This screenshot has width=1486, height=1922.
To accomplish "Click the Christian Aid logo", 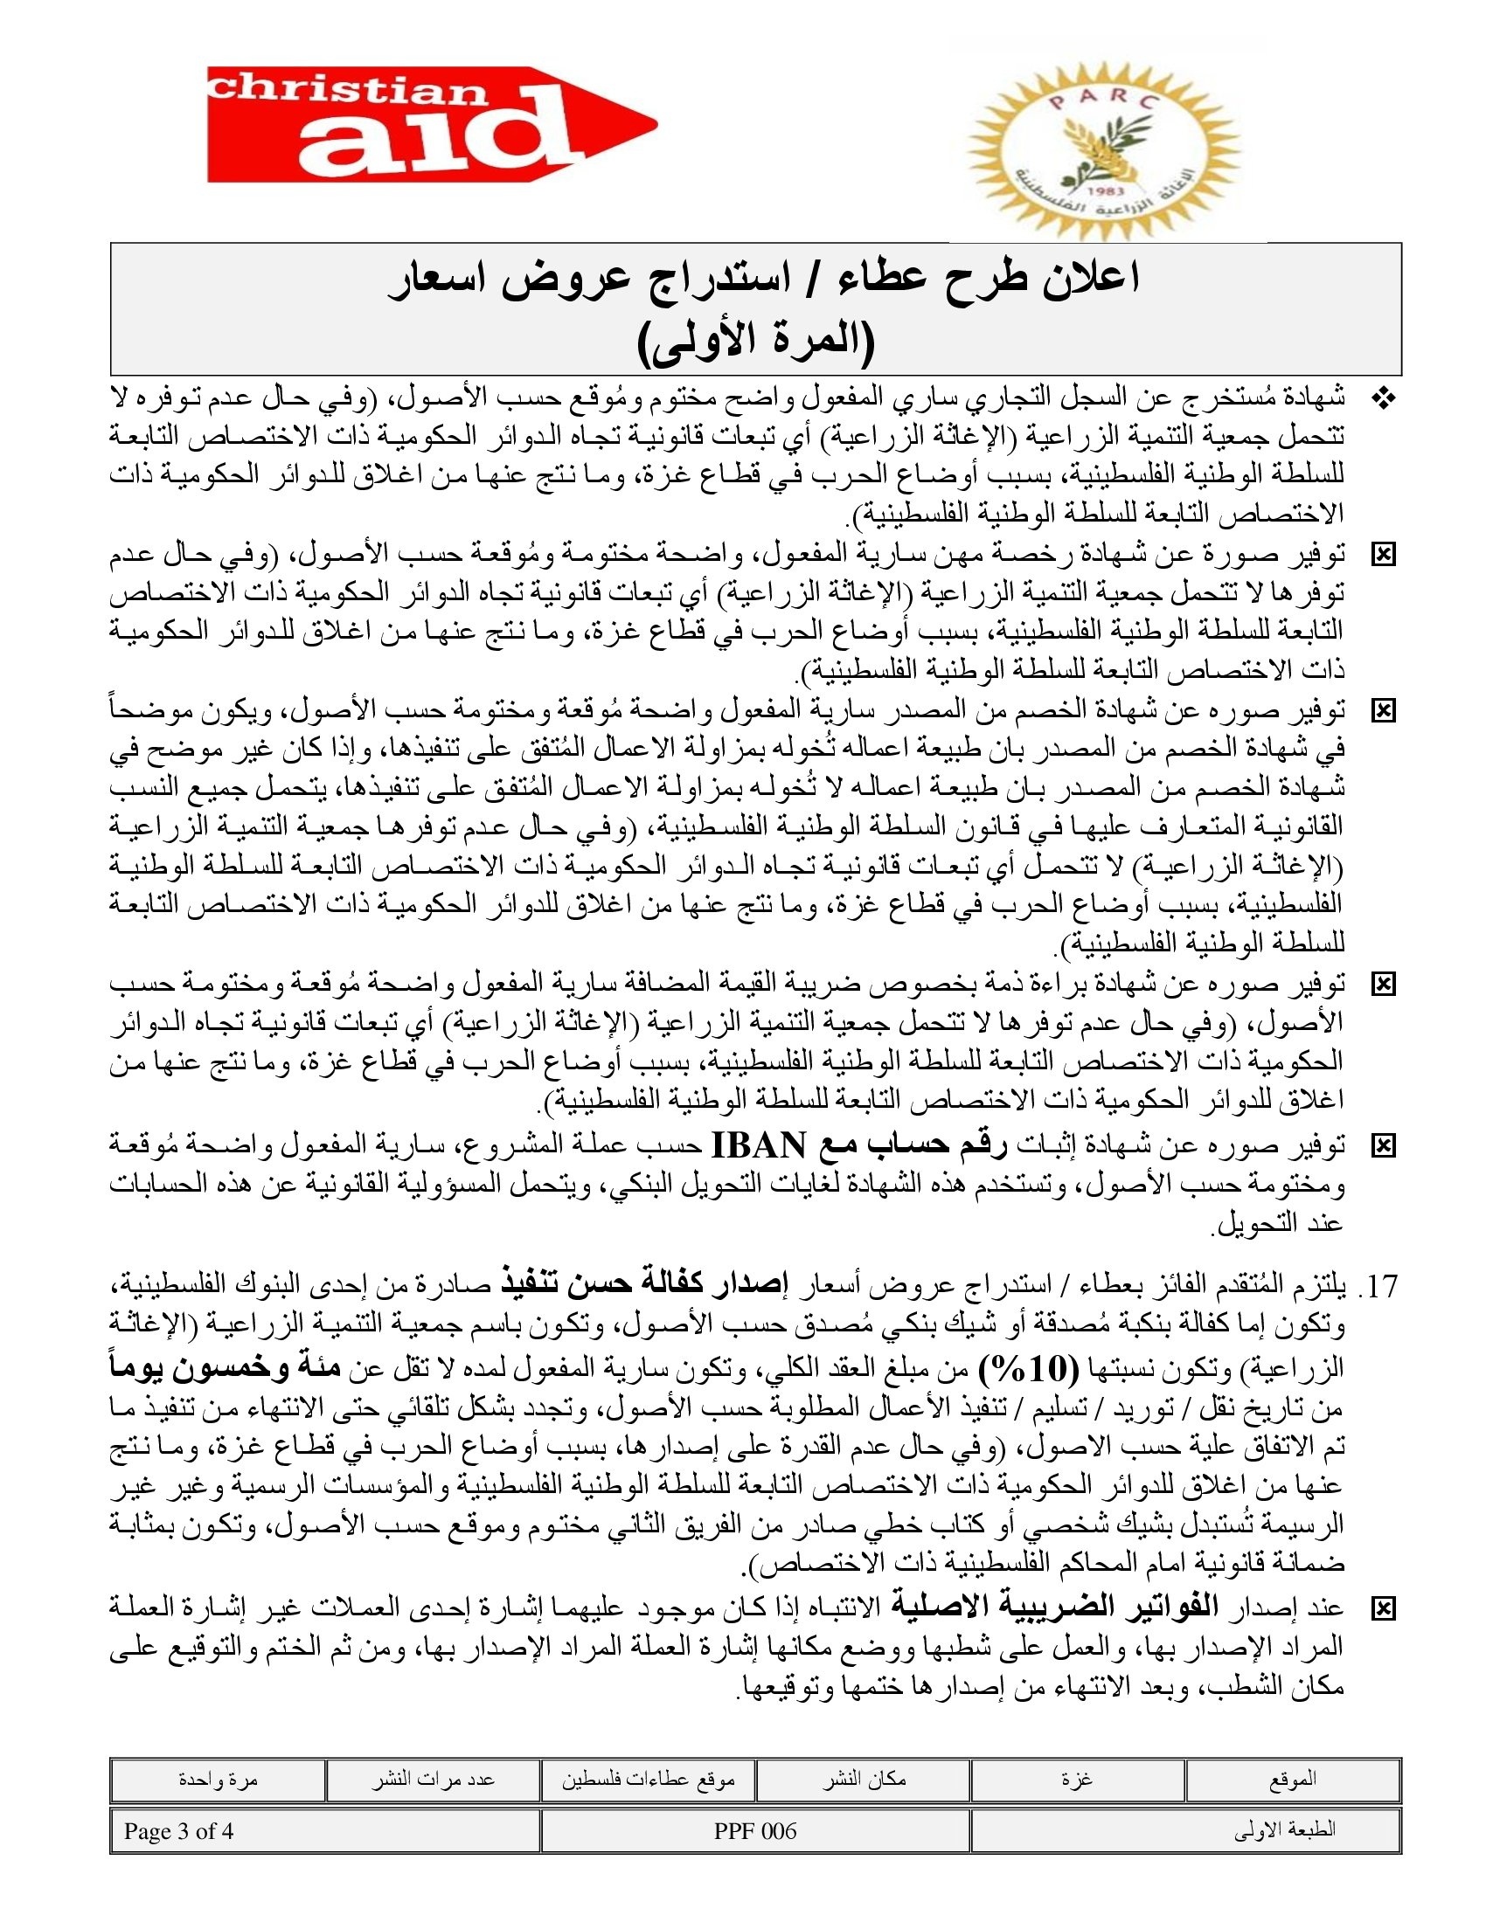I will click(x=431, y=124).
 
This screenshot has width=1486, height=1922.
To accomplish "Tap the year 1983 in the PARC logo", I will click(x=1104, y=191).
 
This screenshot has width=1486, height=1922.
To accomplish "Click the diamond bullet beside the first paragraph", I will click(x=1384, y=399).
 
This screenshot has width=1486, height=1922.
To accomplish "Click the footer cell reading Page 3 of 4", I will click(x=325, y=1831).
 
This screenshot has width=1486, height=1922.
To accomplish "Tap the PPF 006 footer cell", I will click(x=755, y=1831).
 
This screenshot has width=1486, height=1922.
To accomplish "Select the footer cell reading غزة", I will click(x=1078, y=1780).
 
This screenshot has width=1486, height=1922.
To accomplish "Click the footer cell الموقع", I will click(x=1292, y=1780).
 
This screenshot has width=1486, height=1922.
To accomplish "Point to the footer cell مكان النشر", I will click(x=864, y=1780).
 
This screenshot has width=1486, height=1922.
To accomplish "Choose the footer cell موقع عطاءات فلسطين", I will click(x=649, y=1780).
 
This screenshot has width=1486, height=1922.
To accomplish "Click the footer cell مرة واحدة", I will click(x=218, y=1780).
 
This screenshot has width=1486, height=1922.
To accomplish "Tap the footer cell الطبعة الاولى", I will click(x=1186, y=1831).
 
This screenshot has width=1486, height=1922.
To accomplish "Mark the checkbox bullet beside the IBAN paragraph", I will click(x=1384, y=1146).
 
